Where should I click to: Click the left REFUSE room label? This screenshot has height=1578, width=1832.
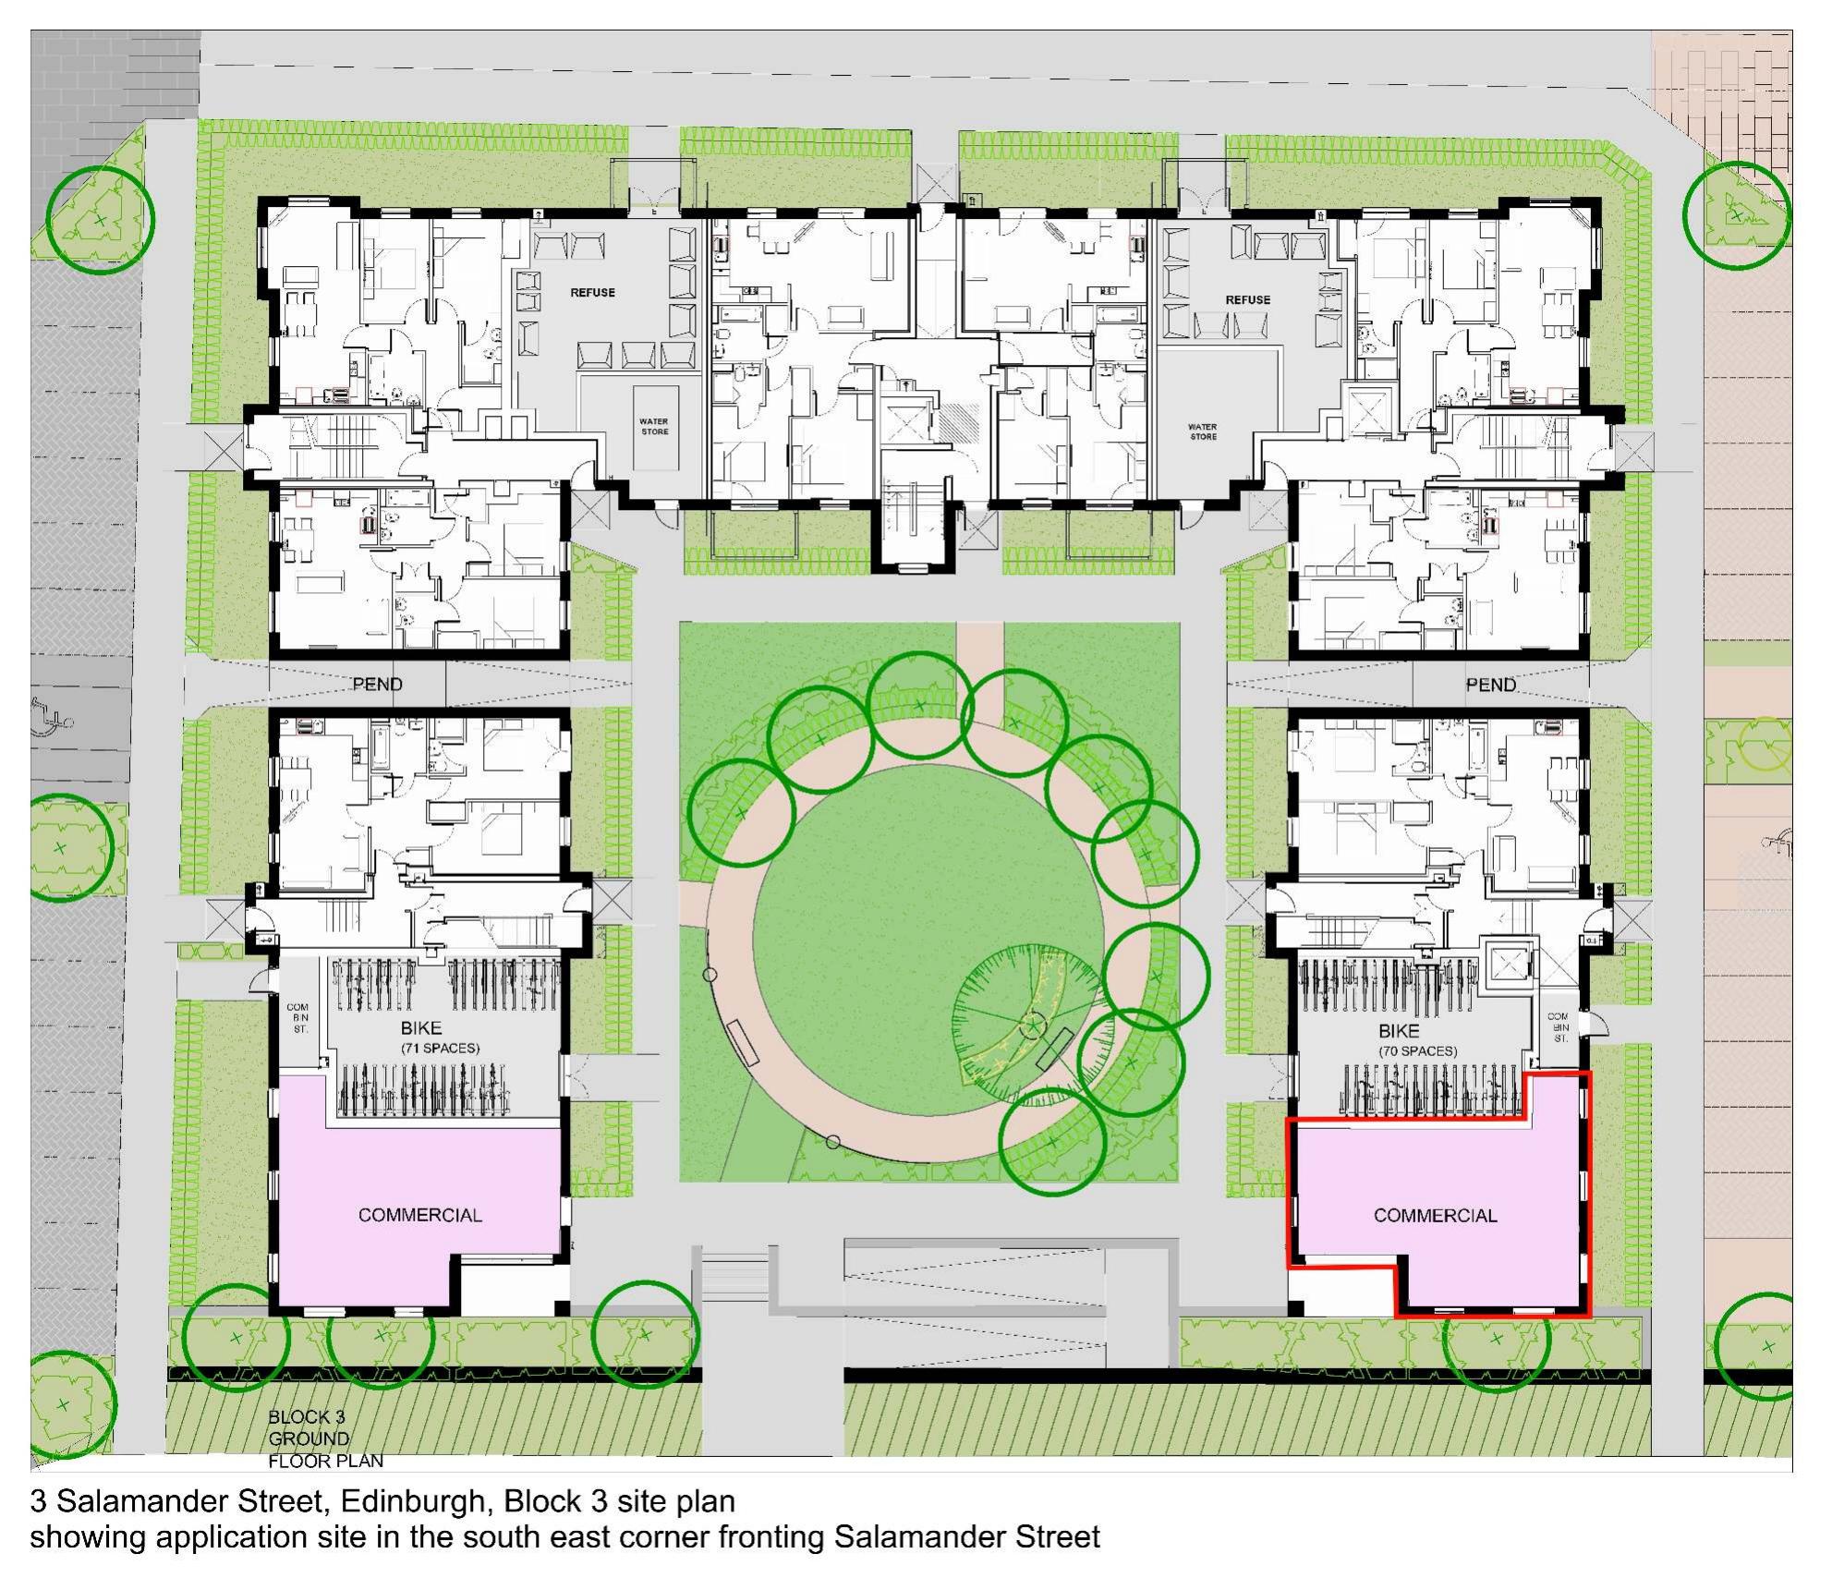(592, 293)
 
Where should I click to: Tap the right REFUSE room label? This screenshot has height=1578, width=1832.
(1247, 300)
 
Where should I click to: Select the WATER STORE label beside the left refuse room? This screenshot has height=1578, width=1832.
(654, 427)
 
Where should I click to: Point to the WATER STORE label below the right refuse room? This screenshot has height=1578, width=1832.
(1203, 432)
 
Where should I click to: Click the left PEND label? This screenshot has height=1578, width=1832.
(377, 685)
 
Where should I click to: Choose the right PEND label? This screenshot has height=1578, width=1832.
(1491, 685)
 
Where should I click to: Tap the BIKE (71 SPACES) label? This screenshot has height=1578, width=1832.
(440, 1038)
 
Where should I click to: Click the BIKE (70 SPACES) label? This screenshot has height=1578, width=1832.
(1417, 1040)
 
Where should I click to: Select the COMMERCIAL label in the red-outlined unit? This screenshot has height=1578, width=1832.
(1435, 1216)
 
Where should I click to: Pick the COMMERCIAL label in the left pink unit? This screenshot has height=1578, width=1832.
(419, 1215)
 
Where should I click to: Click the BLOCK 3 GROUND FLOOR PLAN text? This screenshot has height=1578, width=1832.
(325, 1438)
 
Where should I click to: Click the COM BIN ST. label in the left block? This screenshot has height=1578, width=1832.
(297, 1018)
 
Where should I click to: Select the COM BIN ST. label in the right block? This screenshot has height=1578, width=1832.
(1558, 1027)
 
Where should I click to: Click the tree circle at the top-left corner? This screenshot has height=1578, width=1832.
(100, 220)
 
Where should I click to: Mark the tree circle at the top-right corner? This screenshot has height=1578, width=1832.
(1737, 215)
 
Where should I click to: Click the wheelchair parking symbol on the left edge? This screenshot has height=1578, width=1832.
(53, 713)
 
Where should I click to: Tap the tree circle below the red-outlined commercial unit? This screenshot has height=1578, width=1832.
(1496, 1338)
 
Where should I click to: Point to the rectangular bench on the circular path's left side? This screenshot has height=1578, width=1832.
(743, 1043)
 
